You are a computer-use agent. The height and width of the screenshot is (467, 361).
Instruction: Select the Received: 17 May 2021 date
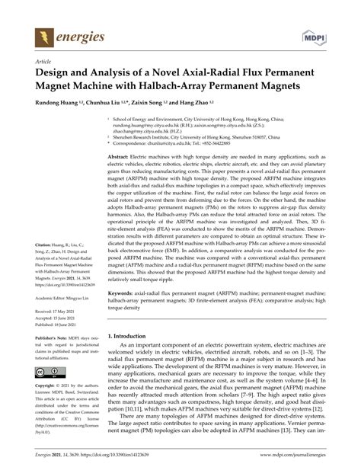click(x=55, y=332)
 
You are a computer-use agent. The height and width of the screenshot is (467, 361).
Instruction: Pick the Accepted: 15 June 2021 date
click(x=55, y=340)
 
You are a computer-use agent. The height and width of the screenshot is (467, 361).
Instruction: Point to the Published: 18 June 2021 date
click(x=56, y=347)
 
